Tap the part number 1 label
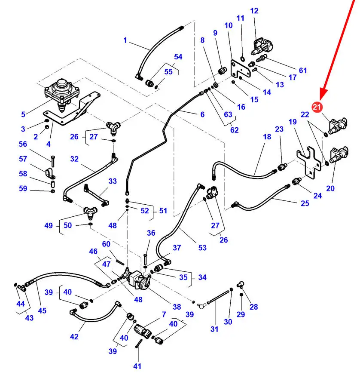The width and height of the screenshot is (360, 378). pyautogui.click(x=125, y=40)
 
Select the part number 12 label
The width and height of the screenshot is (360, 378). pyautogui.click(x=254, y=11)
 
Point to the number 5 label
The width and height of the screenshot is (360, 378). pyautogui.click(x=23, y=114)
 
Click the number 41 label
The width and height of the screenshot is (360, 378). pyautogui.click(x=137, y=366)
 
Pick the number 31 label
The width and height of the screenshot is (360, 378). pyautogui.click(x=214, y=329)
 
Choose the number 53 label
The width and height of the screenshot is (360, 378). pyautogui.click(x=202, y=247)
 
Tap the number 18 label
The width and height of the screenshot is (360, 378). pyautogui.click(x=267, y=137)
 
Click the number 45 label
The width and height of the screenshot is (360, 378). pyautogui.click(x=42, y=310)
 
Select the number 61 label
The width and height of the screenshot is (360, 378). pyautogui.click(x=303, y=71)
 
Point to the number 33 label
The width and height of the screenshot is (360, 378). pyautogui.click(x=113, y=181)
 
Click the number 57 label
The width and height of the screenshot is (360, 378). pyautogui.click(x=23, y=159)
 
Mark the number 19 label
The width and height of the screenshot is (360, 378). pyautogui.click(x=293, y=122)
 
